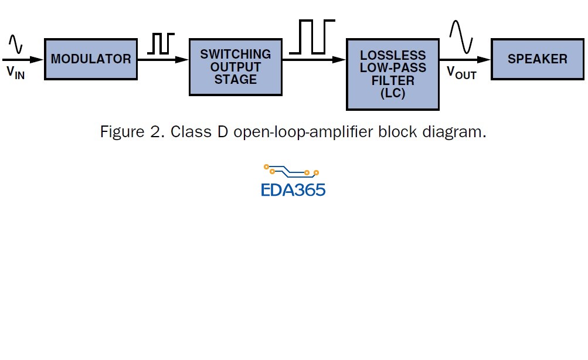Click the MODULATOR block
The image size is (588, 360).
(x=90, y=59)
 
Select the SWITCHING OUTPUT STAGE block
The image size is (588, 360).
(x=236, y=66)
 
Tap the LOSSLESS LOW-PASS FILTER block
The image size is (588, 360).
(x=392, y=74)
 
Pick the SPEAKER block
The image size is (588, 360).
(x=538, y=59)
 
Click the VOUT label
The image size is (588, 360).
(x=462, y=73)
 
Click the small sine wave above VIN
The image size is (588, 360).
(x=15, y=43)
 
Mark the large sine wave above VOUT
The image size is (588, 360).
(x=461, y=36)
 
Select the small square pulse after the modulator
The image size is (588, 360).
(x=161, y=44)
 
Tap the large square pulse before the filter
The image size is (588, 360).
(x=312, y=36)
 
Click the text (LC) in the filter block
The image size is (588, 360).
(x=392, y=93)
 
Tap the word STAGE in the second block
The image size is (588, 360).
(x=236, y=80)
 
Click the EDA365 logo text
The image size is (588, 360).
(x=293, y=189)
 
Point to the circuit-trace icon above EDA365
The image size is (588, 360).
(x=291, y=171)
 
